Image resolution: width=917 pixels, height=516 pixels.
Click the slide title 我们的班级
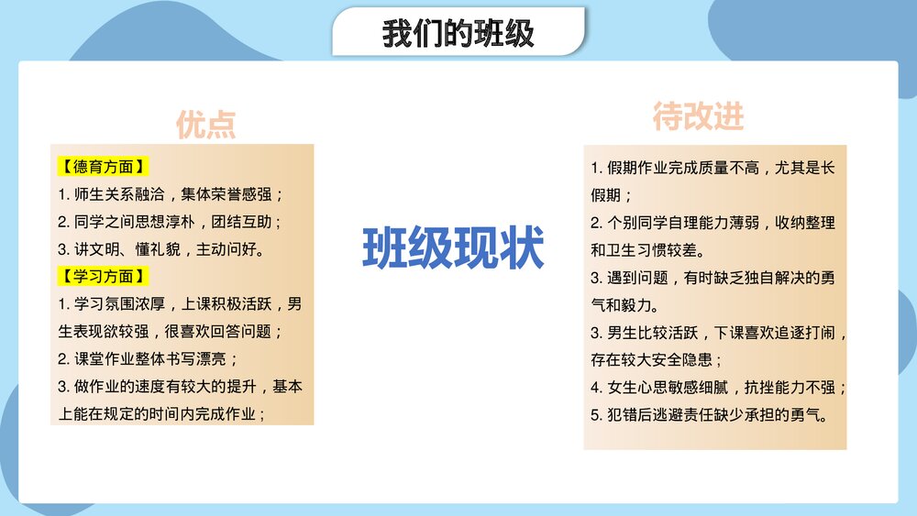(x=458, y=34)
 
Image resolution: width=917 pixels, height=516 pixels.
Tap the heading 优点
(x=206, y=125)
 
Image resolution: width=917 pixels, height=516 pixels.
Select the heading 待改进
(x=698, y=116)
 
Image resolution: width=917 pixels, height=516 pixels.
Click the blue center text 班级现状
(x=453, y=247)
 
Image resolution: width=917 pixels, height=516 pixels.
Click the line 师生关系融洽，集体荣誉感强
(x=171, y=194)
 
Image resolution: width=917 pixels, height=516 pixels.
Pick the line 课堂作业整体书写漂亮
(x=148, y=358)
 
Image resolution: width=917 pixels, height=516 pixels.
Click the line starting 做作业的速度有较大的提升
(x=180, y=386)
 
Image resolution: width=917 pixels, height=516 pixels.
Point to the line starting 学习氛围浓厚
(x=180, y=303)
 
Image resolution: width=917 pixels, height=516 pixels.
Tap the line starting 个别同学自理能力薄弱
(x=713, y=223)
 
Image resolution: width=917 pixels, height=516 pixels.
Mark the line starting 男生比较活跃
(x=719, y=332)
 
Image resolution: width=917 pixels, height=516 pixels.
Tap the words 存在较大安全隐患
(x=657, y=359)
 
